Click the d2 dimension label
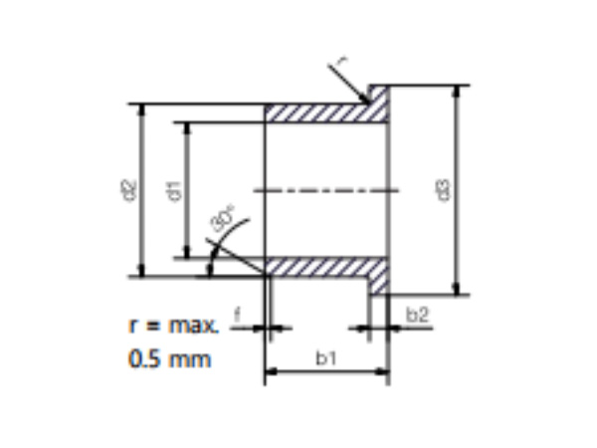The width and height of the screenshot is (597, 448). click(x=127, y=188)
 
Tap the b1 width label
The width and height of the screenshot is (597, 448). click(x=325, y=360)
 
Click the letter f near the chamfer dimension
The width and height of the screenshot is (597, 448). click(x=237, y=316)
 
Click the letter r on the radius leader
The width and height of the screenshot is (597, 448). click(x=341, y=63)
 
